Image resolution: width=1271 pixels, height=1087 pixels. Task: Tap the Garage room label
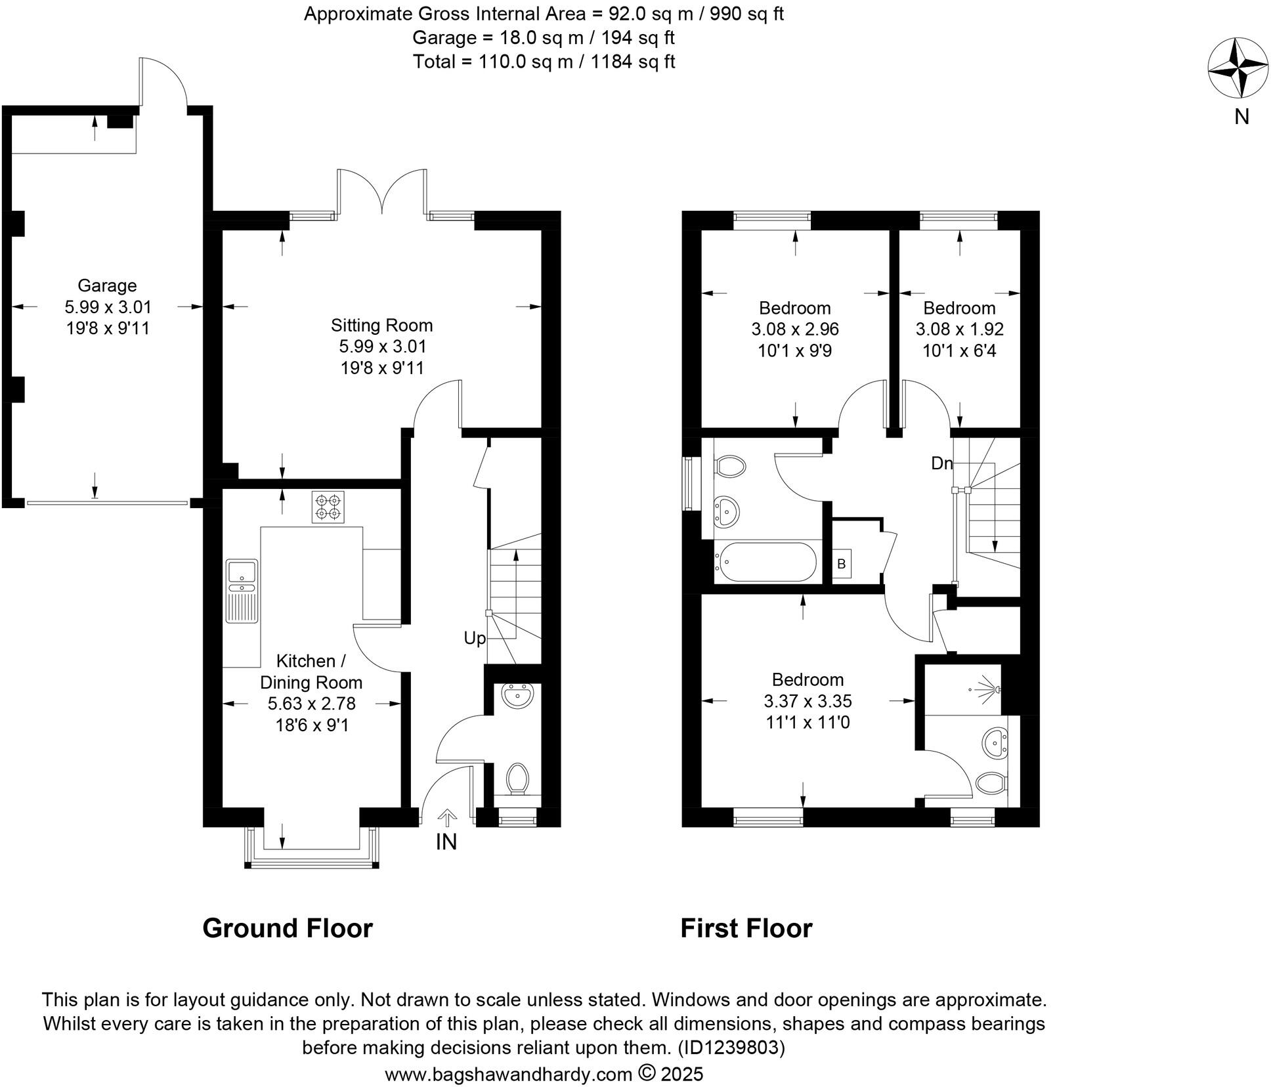(x=107, y=286)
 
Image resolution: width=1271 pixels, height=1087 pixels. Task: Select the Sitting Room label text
(x=381, y=326)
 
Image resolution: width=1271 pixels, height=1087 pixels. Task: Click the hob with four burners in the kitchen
(x=328, y=507)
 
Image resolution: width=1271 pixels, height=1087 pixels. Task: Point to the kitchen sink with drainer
(x=242, y=590)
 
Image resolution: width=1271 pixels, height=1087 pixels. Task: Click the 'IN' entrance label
(x=446, y=842)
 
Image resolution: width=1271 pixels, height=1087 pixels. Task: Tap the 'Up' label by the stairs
(x=474, y=638)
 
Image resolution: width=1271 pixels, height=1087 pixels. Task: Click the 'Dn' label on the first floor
(x=941, y=463)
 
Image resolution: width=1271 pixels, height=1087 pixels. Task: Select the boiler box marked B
(x=842, y=564)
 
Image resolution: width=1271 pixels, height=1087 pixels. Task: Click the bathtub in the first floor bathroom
(x=765, y=563)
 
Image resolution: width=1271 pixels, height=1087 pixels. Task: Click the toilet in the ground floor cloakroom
(x=518, y=778)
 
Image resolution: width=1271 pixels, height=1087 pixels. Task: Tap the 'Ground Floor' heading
(x=288, y=928)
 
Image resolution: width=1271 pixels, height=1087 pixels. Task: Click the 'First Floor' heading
(x=746, y=928)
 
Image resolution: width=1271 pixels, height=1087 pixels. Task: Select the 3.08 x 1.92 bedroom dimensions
(x=959, y=329)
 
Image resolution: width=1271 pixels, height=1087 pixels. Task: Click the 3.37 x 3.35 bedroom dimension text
(x=808, y=701)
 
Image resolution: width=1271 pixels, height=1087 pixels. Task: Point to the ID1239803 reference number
(x=733, y=1048)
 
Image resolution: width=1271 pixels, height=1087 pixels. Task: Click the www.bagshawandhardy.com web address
(x=508, y=1075)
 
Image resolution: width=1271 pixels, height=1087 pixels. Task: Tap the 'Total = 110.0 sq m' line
(x=544, y=62)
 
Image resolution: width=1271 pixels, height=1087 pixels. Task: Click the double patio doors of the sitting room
(x=381, y=190)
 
